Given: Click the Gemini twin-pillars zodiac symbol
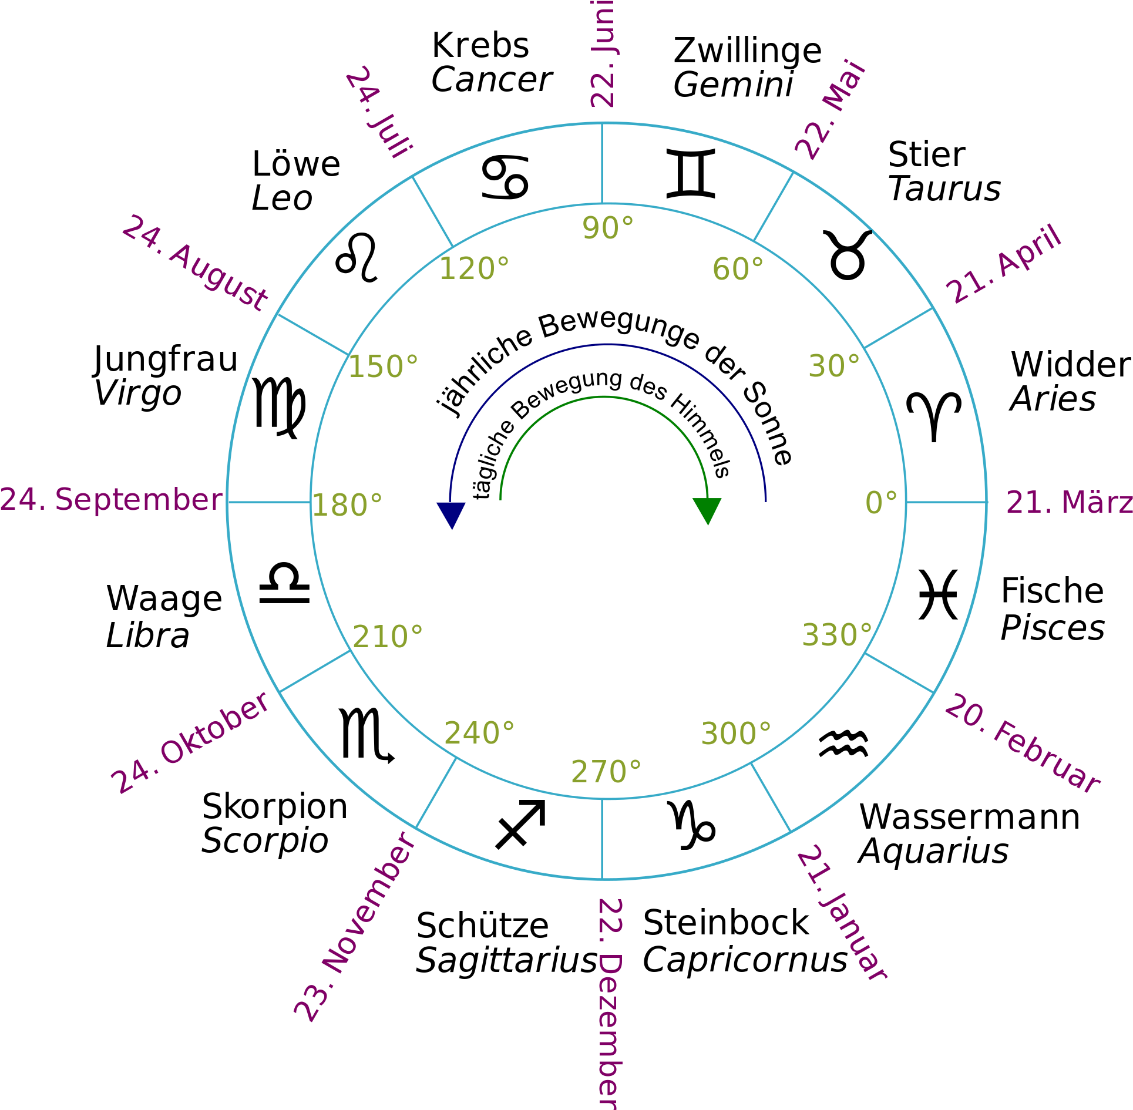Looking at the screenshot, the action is tap(691, 174).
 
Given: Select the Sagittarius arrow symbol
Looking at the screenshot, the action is tap(520, 824).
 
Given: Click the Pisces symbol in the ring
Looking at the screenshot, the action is tap(938, 594).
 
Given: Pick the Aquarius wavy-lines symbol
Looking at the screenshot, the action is tap(843, 744).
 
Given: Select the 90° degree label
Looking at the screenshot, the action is tap(608, 228).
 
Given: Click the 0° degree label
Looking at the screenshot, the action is tap(882, 503).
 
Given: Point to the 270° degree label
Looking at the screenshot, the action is tap(606, 772).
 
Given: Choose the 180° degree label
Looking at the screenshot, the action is tap(347, 505).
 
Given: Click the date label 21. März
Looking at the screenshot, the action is tap(1070, 502).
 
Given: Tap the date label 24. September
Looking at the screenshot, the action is tap(111, 500).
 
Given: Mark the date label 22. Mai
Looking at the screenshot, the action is tap(831, 110).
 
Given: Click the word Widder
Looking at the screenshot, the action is tap(1071, 364).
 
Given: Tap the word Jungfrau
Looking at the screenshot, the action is tap(166, 359).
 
